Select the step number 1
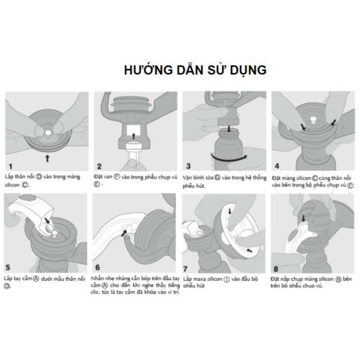tap(9, 165)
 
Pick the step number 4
tap(277, 165)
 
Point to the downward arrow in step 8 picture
tap(303, 220)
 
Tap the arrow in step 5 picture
tap(48, 223)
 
